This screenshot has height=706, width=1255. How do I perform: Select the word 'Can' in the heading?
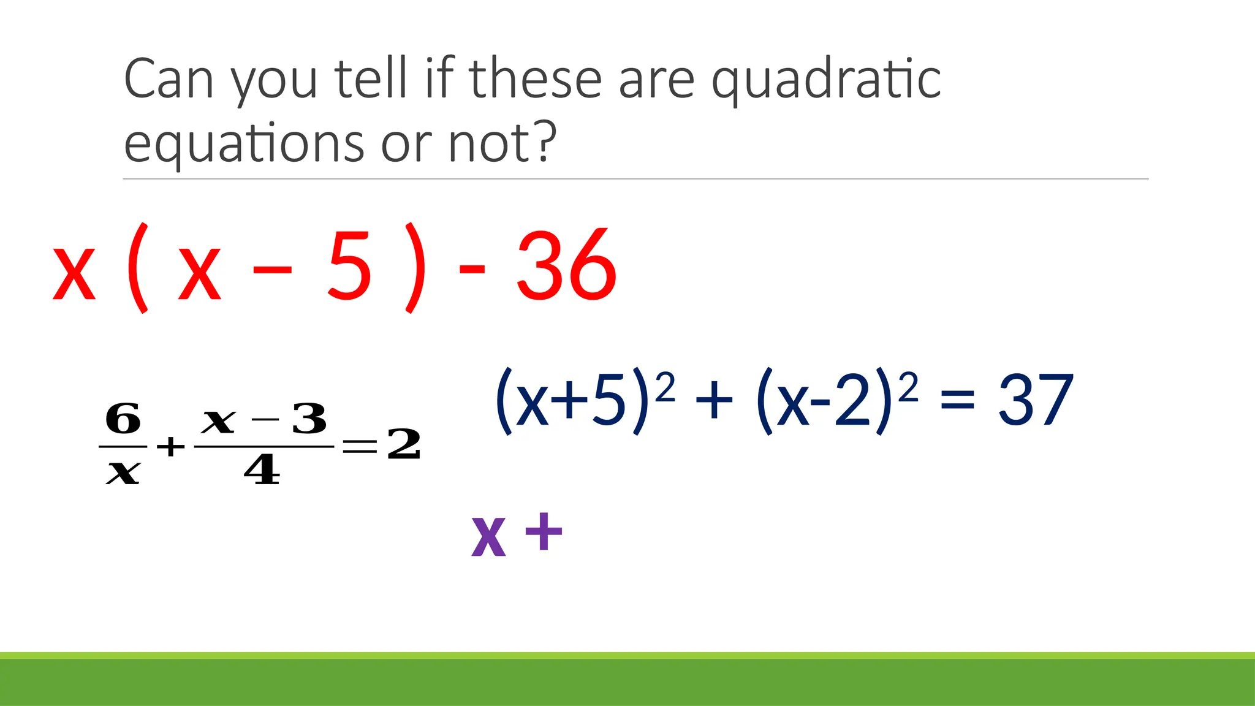tap(169, 80)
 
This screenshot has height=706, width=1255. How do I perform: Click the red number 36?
tap(566, 265)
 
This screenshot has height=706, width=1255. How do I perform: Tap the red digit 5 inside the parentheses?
tap(349, 265)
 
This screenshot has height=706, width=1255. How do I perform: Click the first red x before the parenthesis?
tap(74, 273)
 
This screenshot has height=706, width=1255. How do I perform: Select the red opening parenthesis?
tap(138, 267)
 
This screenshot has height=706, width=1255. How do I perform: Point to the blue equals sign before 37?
tap(957, 403)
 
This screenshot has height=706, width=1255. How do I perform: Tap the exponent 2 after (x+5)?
tap(665, 387)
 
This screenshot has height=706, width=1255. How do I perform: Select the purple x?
tap(488, 536)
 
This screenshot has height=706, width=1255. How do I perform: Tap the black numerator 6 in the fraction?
tap(123, 419)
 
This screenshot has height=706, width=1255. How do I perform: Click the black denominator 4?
tap(262, 471)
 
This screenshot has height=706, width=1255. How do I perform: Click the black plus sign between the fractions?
tap(170, 446)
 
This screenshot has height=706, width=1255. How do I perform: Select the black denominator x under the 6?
tap(123, 472)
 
